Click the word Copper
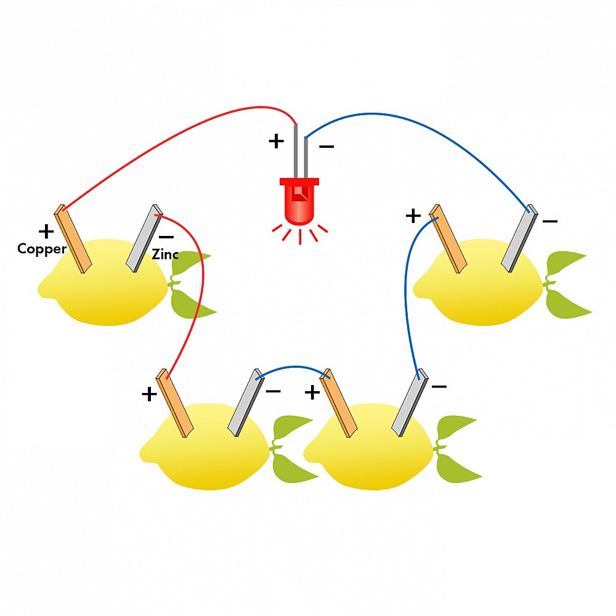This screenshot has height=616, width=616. [42, 249]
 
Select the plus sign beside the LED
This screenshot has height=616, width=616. [277, 141]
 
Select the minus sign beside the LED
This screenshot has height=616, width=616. [326, 147]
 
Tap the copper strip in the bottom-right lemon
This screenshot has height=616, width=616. [338, 403]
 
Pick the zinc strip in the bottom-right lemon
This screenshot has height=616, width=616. [410, 403]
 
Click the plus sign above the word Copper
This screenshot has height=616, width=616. [46, 232]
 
